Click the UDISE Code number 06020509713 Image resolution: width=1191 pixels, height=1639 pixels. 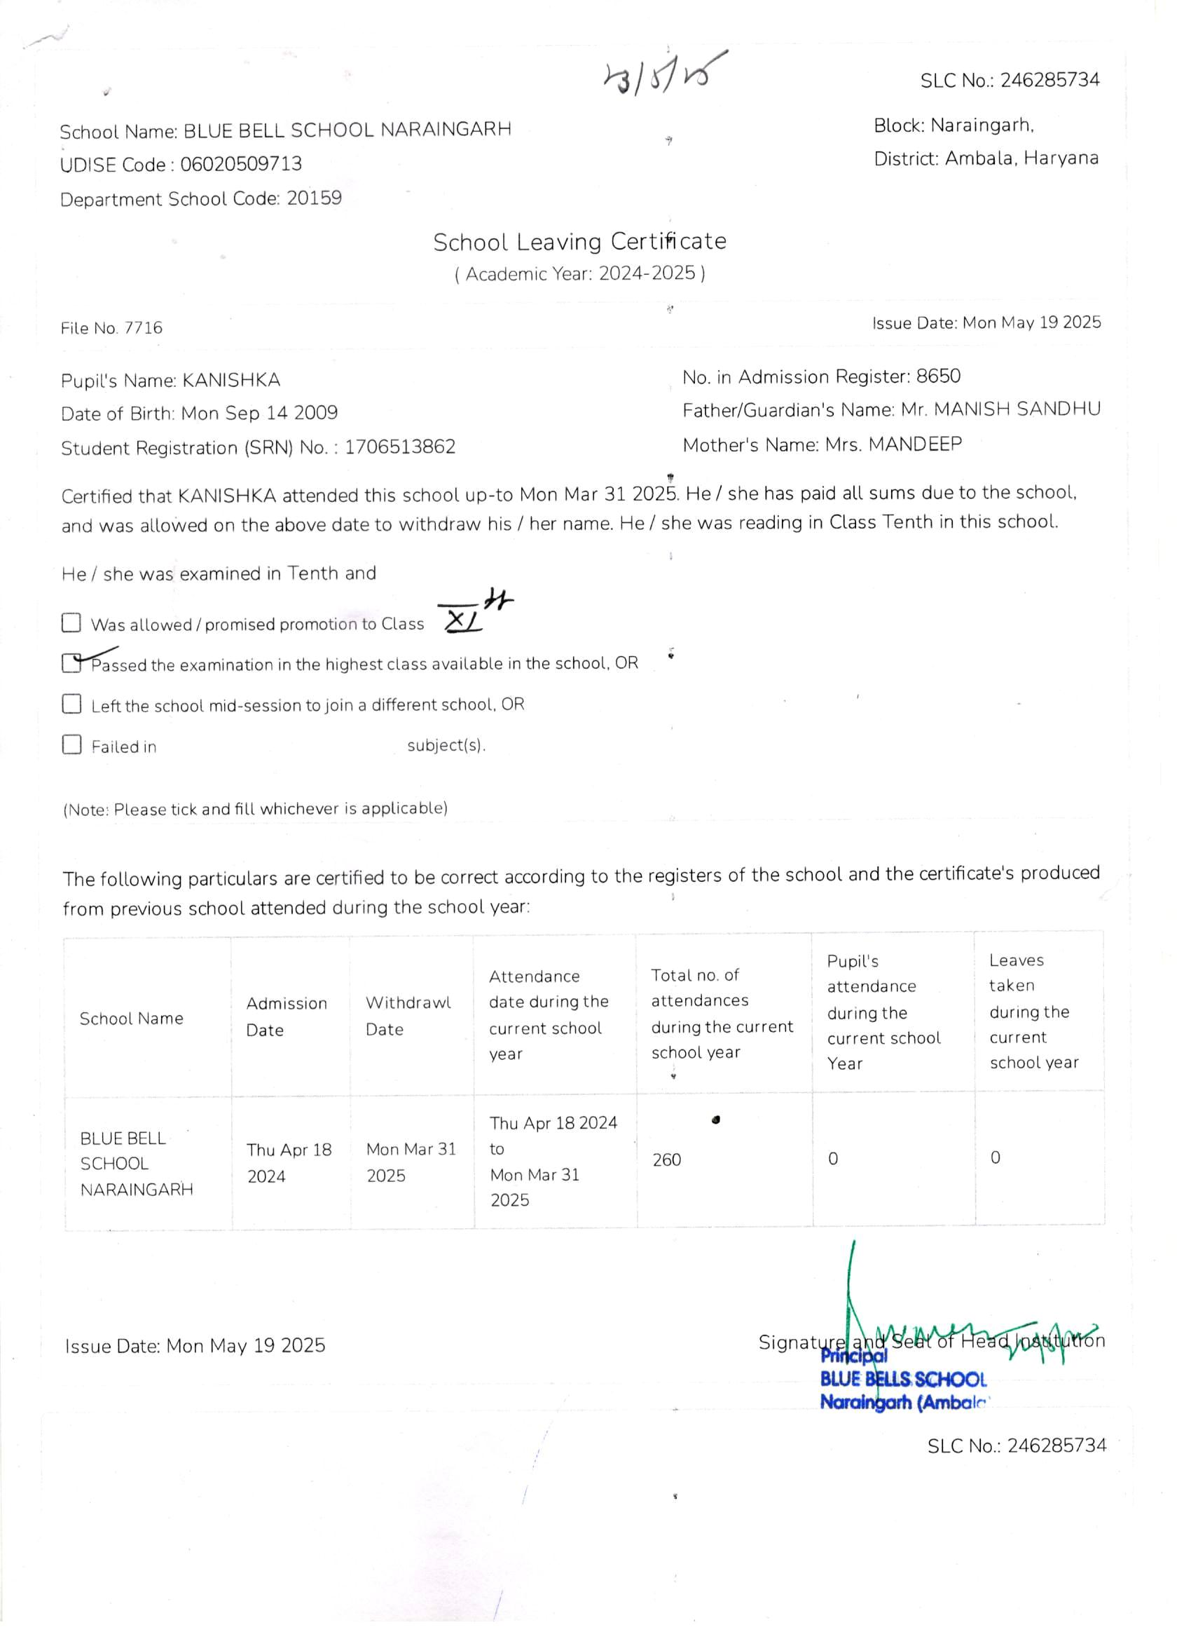point(240,164)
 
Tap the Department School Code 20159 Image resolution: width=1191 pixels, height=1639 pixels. point(314,198)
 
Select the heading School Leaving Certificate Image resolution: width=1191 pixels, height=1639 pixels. point(579,241)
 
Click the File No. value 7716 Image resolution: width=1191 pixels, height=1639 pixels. point(143,328)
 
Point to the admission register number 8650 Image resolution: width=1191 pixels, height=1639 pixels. point(938,376)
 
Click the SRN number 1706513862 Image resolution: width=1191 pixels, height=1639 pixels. point(399,447)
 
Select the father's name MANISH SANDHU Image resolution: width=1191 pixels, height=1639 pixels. point(1017,409)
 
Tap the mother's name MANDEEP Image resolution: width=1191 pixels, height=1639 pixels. point(915,444)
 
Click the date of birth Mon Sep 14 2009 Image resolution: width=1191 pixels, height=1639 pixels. point(259,414)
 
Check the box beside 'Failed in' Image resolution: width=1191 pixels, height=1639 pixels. point(71,744)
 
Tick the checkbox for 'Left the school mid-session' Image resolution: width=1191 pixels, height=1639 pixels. point(71,704)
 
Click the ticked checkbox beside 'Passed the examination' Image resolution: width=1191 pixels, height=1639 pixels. point(71,662)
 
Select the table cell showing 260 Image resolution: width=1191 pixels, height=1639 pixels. point(667,1160)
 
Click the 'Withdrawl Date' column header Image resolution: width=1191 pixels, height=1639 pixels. point(408,1016)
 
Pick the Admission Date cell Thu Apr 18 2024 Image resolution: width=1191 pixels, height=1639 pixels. point(289,1163)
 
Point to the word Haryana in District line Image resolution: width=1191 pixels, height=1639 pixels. point(1061,158)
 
